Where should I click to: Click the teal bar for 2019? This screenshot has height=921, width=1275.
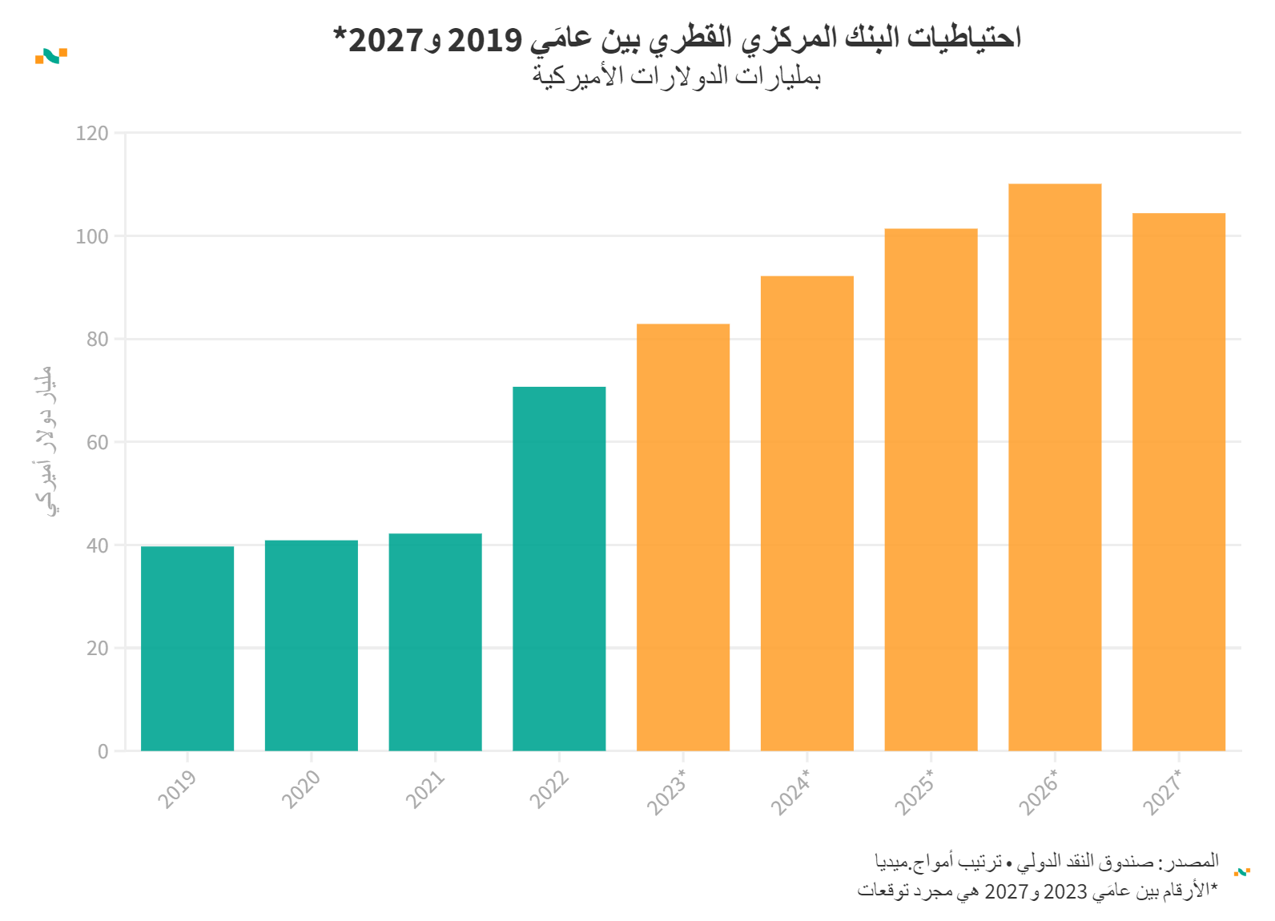tap(187, 649)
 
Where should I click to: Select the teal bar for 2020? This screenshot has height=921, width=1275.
tap(312, 646)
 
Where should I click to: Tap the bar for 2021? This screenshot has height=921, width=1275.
tap(435, 642)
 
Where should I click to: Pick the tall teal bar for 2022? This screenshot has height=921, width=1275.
tap(559, 569)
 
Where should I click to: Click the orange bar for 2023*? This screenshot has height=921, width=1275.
tap(683, 537)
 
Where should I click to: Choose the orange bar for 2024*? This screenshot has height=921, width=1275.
tap(807, 513)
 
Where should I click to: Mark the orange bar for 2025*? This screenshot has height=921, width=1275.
tap(931, 489)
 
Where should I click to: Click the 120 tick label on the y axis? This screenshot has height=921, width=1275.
tap(92, 134)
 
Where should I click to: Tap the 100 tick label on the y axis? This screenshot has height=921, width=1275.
tap(92, 237)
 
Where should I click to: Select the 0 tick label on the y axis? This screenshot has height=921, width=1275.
tap(103, 752)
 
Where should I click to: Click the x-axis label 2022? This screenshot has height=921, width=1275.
tap(549, 789)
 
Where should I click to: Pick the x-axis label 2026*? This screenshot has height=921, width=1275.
tap(1039, 792)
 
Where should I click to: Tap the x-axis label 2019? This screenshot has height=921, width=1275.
tap(177, 789)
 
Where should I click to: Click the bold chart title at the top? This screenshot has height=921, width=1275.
tap(677, 38)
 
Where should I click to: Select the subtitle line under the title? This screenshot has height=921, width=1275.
tap(677, 76)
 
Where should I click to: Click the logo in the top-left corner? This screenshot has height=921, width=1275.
tap(51, 56)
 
